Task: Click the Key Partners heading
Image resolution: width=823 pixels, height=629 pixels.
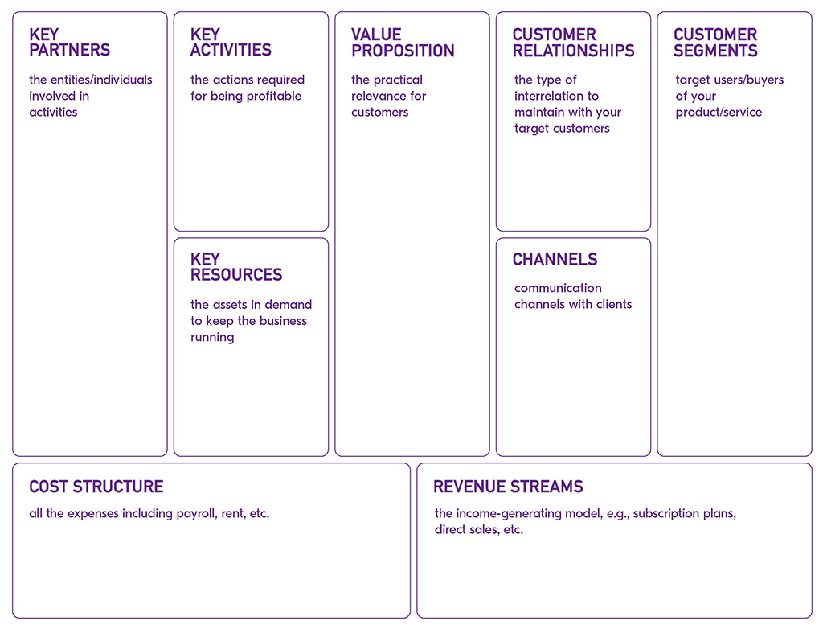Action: (x=69, y=42)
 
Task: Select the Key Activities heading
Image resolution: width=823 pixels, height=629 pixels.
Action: (x=231, y=42)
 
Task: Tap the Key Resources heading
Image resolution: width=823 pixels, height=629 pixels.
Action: (x=236, y=267)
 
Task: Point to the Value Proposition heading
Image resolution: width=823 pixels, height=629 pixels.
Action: (x=403, y=43)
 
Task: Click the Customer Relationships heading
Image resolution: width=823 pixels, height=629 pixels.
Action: (x=573, y=43)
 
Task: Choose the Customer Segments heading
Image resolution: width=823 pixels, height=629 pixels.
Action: (x=715, y=43)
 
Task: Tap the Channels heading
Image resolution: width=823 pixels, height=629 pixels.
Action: (x=555, y=259)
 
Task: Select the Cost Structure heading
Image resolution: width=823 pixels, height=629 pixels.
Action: (x=96, y=487)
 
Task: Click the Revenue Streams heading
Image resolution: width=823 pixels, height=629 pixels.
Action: (x=508, y=487)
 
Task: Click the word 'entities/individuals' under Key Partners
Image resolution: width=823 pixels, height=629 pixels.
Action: (x=101, y=80)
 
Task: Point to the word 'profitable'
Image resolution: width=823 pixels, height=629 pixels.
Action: (x=274, y=97)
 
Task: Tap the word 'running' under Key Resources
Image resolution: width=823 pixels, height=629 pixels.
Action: (x=212, y=337)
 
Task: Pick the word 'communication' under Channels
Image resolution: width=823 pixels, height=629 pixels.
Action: (x=558, y=288)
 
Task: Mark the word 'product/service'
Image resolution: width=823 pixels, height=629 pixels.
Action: (x=719, y=113)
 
